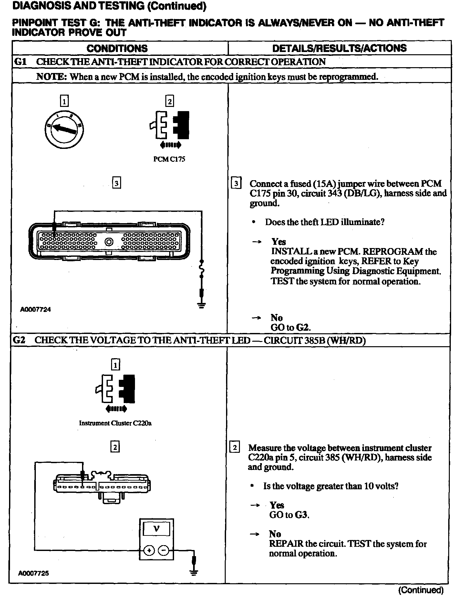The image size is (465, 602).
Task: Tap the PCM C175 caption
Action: pos(169,159)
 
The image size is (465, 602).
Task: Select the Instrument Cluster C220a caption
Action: pos(115,423)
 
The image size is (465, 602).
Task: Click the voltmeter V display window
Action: pos(156,529)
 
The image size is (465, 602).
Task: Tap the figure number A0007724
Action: pos(35,310)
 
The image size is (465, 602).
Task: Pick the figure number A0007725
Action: pos(34,574)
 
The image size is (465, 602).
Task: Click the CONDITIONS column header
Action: pos(117,48)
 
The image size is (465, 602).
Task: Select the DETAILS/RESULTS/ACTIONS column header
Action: pos(339,48)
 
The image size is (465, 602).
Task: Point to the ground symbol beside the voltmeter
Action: pos(194,573)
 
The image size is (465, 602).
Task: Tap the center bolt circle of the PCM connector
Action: pos(109,242)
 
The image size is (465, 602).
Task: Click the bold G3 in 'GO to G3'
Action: pos(301,514)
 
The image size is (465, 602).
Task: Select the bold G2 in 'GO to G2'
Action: pos(303,327)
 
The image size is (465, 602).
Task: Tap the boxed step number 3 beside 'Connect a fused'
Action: pos(236,184)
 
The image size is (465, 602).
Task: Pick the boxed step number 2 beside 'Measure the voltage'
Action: pos(234,448)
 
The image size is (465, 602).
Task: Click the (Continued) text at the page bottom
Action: pos(421,590)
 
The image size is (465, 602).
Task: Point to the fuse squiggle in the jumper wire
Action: pos(202,269)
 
